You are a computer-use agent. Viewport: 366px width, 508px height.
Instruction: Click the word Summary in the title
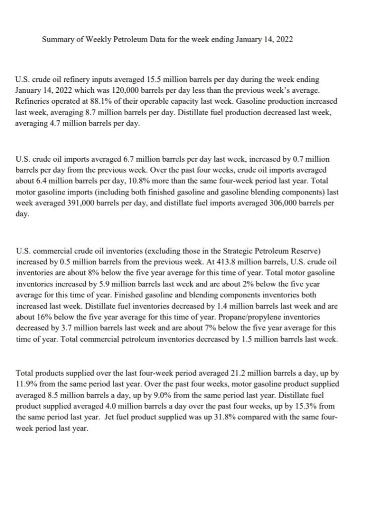pyautogui.click(x=55, y=39)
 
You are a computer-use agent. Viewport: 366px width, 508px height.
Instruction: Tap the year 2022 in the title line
pyautogui.click(x=284, y=39)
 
